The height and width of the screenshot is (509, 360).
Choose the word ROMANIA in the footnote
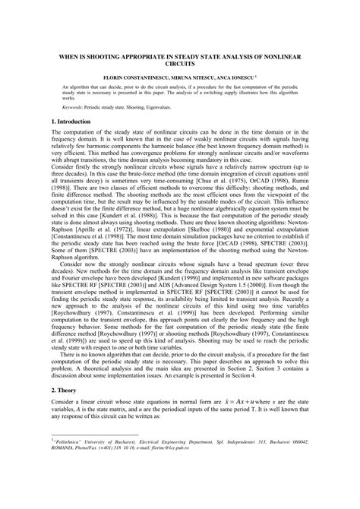[64, 487]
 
